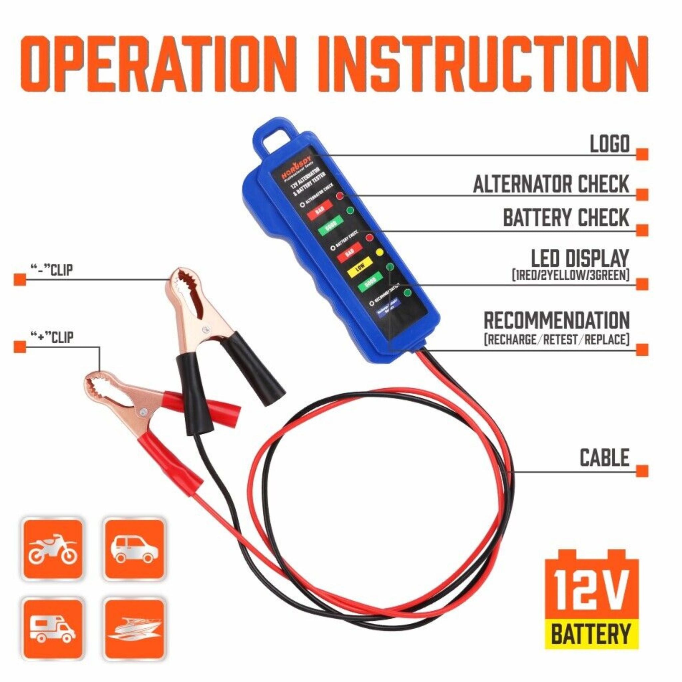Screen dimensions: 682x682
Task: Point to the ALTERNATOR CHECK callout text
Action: click(551, 184)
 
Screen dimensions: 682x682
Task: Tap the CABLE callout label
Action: click(605, 458)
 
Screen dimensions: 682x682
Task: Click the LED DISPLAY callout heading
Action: click(580, 259)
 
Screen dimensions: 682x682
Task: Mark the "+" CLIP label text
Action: click(53, 337)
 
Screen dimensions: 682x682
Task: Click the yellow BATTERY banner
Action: click(592, 634)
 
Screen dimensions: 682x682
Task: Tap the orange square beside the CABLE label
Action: click(642, 471)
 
